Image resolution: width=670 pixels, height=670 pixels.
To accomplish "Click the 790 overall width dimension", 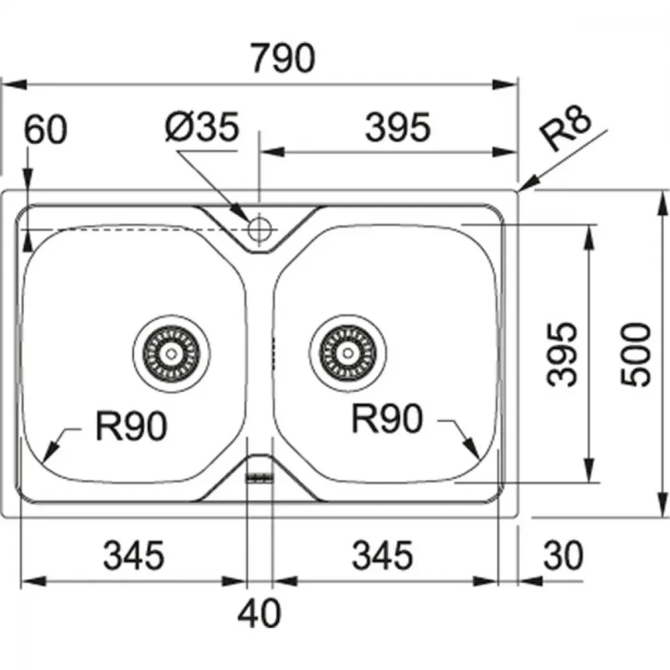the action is click(283, 58).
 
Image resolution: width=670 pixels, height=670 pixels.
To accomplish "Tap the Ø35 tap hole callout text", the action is click(202, 127).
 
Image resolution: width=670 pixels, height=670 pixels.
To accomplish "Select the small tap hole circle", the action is click(259, 228).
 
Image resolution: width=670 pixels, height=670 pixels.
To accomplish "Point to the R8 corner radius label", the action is click(565, 128).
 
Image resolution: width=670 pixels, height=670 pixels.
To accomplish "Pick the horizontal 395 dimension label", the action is click(397, 127).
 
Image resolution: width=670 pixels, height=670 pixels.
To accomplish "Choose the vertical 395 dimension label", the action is click(562, 354).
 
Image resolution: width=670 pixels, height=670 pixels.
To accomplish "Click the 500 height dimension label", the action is click(636, 354).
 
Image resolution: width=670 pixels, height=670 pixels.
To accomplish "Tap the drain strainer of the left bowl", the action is click(171, 353).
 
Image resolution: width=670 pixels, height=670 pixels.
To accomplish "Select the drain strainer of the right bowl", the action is click(348, 353).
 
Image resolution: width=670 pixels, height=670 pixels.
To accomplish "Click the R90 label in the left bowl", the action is click(131, 425).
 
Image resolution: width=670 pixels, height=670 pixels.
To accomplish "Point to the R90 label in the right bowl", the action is click(387, 419).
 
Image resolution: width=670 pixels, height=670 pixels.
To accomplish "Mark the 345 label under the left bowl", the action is click(134, 555).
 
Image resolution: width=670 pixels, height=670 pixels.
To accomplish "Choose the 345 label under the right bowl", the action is click(383, 555).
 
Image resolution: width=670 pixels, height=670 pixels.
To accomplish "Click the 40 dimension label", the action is click(259, 613).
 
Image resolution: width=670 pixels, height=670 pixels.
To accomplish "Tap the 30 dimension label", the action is click(563, 555).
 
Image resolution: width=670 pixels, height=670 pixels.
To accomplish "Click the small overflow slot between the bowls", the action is click(259, 477).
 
